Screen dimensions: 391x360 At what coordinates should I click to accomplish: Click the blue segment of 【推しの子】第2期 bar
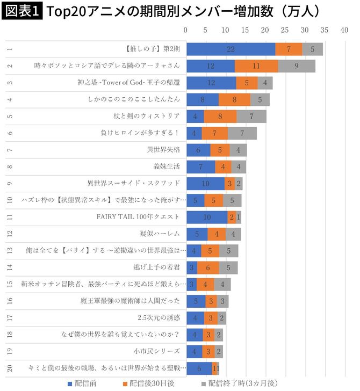click(231, 49)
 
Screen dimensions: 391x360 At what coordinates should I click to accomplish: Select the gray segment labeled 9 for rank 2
click(297, 66)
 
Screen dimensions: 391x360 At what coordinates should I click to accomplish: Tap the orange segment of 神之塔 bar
click(247, 83)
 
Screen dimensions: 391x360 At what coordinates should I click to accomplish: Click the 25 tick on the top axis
click(285, 31)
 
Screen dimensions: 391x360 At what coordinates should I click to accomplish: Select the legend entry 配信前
click(84, 383)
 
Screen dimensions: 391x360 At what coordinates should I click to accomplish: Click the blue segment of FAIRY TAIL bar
click(207, 217)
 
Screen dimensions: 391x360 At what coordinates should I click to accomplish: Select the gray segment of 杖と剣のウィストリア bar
click(251, 116)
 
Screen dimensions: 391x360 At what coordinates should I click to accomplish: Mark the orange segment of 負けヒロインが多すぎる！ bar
click(214, 133)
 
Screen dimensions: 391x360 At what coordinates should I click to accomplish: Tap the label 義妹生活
click(168, 166)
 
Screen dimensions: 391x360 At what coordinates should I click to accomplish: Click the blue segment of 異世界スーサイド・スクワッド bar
click(206, 183)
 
